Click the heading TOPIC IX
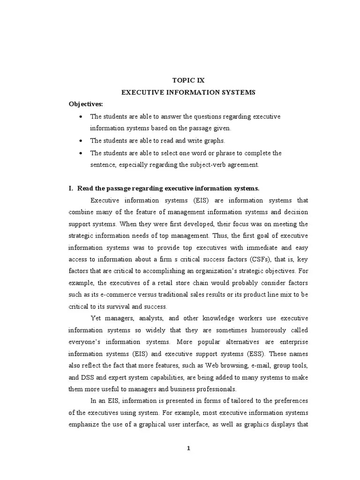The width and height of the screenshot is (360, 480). pos(188,80)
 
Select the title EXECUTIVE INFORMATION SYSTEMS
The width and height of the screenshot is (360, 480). pos(188,92)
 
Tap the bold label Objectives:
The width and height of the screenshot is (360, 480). pos(86,104)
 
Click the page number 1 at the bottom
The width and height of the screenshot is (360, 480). pos(188,448)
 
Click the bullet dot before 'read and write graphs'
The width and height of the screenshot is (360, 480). pos(82,141)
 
